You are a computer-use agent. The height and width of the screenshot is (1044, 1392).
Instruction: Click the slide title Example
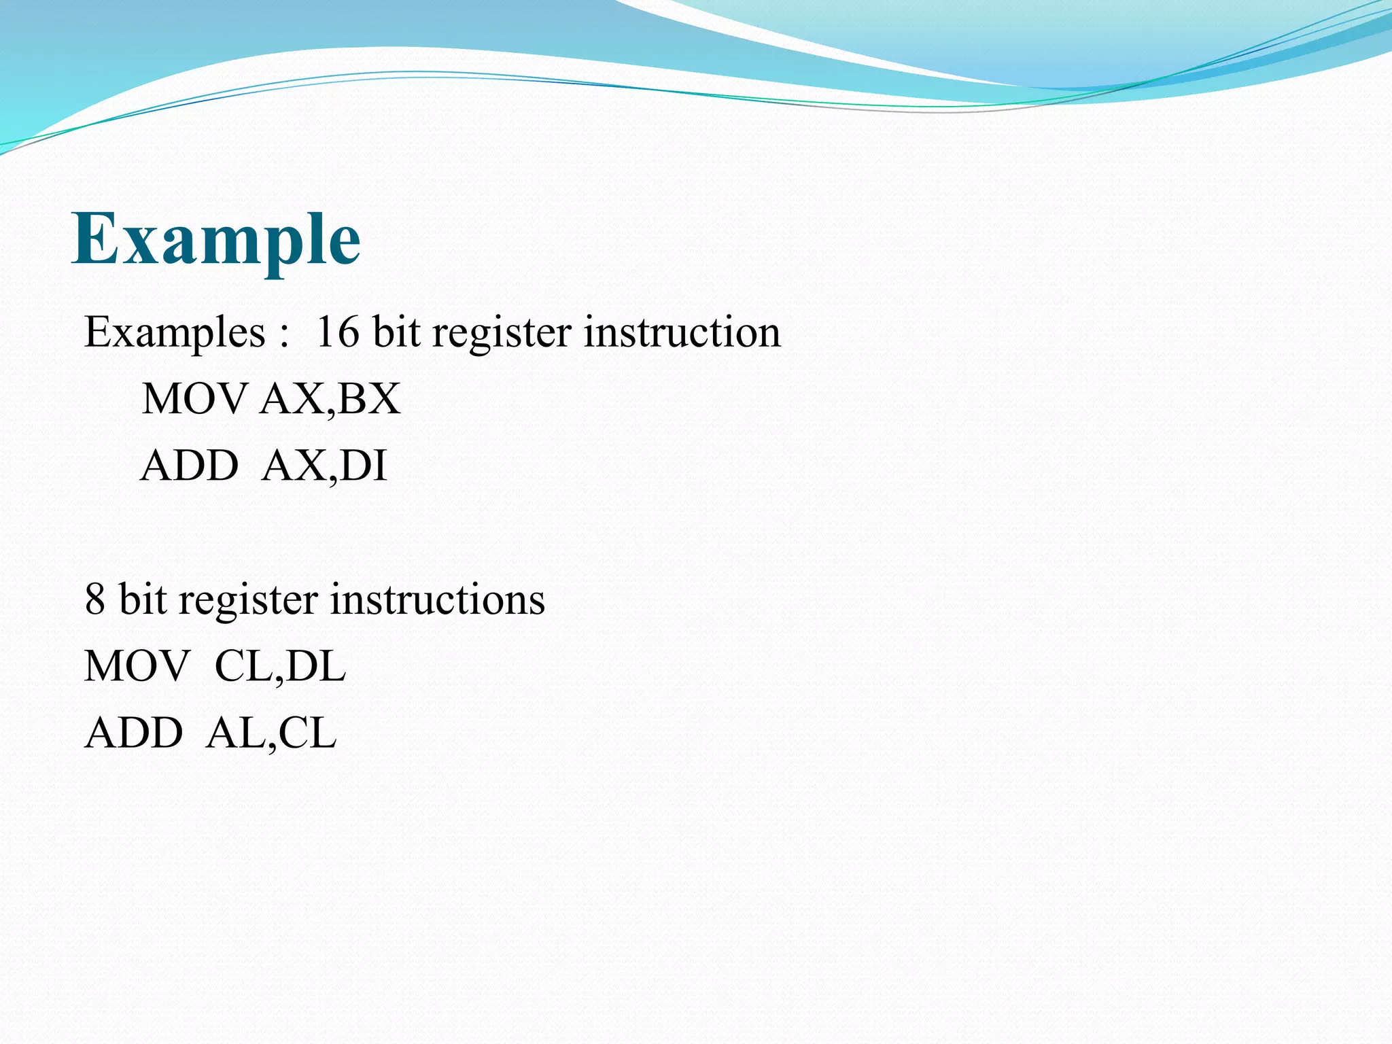[x=216, y=239]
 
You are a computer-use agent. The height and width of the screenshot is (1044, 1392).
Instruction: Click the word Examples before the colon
[x=175, y=333]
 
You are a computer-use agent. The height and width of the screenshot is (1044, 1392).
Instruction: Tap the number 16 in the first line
[x=338, y=333]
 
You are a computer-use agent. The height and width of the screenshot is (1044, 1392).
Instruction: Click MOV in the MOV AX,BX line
[x=194, y=399]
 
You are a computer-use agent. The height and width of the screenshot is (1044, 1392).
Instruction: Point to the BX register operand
[x=368, y=399]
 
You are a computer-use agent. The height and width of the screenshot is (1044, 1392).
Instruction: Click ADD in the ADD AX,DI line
[x=190, y=466]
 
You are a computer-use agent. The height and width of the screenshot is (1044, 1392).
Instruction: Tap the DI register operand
[x=363, y=466]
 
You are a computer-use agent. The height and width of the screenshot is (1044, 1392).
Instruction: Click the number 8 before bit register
[x=95, y=600]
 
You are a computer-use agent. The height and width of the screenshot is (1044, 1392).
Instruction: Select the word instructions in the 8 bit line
[x=438, y=600]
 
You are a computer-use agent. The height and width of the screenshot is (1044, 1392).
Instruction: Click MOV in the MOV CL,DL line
[x=137, y=666]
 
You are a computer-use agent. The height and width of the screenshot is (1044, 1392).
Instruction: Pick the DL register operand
[x=316, y=666]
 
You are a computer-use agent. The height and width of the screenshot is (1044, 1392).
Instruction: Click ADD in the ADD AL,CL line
[x=134, y=733]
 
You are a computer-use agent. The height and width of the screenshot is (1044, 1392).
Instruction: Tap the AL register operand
[x=234, y=733]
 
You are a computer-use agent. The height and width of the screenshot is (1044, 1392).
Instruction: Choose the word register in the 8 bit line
[x=248, y=600]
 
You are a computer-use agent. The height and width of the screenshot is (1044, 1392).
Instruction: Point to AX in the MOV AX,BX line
[x=292, y=399]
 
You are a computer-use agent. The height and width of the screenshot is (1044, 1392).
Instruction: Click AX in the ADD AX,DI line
[x=293, y=466]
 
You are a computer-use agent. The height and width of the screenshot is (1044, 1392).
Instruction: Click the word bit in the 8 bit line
[x=143, y=600]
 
